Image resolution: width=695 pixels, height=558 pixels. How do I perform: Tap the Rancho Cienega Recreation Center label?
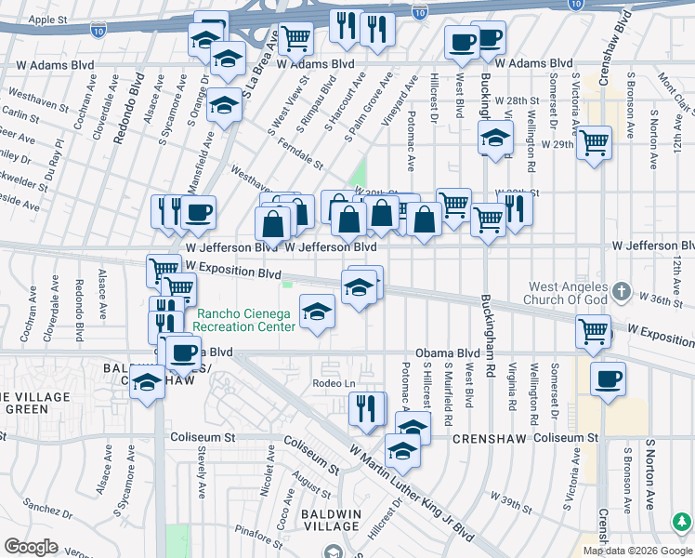[x=243, y=321]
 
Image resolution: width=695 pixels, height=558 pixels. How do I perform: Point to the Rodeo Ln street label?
[x=334, y=384]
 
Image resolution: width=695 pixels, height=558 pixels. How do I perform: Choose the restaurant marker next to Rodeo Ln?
[x=367, y=408]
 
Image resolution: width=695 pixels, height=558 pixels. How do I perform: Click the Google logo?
[x=31, y=547]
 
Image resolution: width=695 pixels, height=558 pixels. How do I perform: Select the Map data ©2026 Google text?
[x=636, y=551]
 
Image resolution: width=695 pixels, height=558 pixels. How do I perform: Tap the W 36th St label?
[x=662, y=299]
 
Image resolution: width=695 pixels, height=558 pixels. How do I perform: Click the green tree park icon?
[x=683, y=520]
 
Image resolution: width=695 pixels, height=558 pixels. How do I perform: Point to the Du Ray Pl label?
[x=54, y=157]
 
